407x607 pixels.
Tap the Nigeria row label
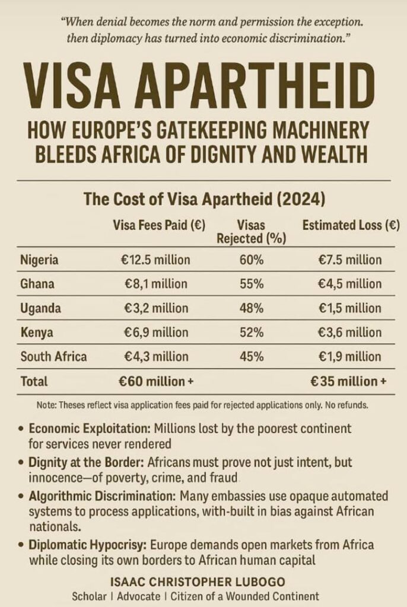(x=39, y=260)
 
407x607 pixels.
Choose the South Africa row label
(x=53, y=357)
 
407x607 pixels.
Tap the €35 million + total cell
(x=348, y=382)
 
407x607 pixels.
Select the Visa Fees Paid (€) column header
(x=155, y=225)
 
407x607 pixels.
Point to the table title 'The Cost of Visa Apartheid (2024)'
(x=203, y=198)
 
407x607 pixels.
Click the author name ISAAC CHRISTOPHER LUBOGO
(x=203, y=583)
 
